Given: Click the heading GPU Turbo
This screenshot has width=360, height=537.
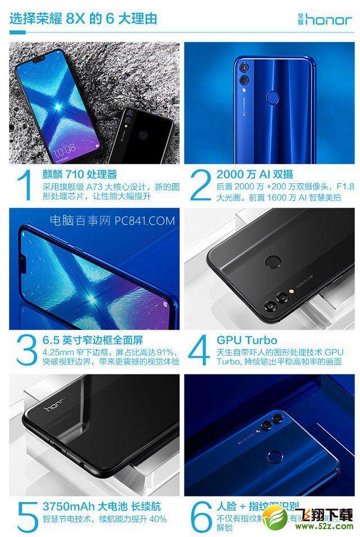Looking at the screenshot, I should pos(247,340).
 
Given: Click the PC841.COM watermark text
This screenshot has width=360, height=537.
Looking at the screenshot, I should pos(112,220).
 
